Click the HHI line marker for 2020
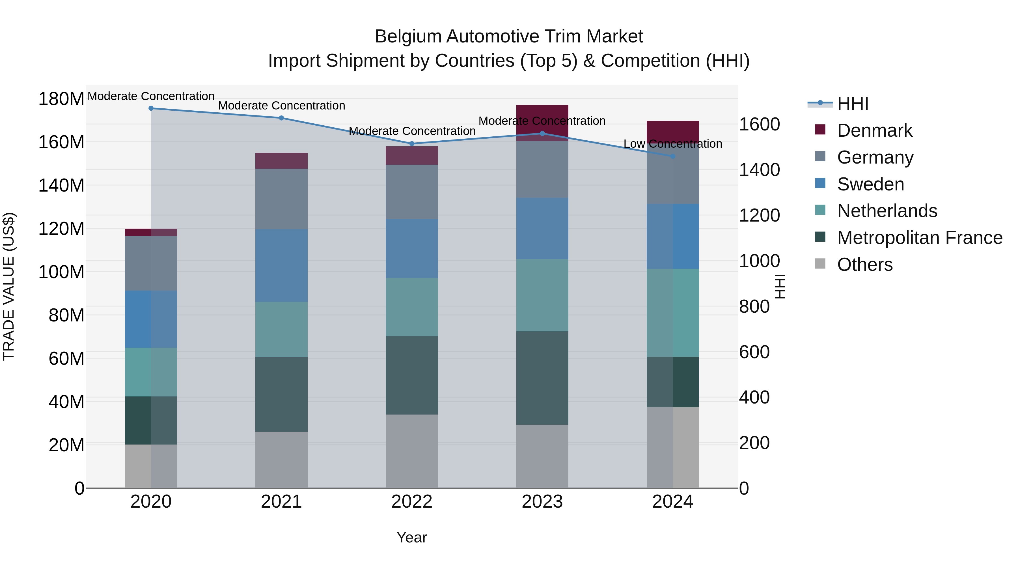151,108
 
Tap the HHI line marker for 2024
673,156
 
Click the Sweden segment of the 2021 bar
281,265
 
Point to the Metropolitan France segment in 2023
542,378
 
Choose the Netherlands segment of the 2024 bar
673,312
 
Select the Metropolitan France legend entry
919,238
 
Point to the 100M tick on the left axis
61,272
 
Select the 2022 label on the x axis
412,502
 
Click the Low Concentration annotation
673,144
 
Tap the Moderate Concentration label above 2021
281,106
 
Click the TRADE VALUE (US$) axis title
9,286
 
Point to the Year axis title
412,537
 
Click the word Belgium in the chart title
409,37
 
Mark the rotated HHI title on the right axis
780,286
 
